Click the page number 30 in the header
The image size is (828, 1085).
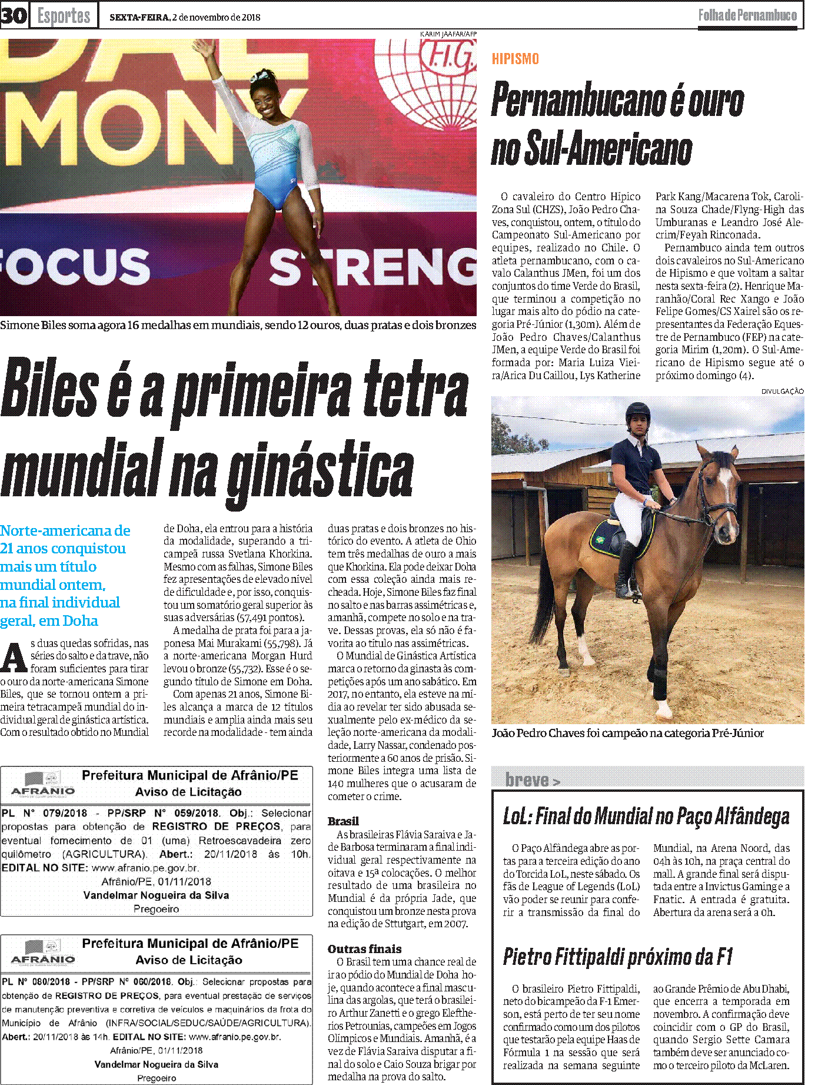pos(14,15)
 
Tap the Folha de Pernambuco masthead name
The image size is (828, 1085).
pos(747,15)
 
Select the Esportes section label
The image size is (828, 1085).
pos(64,16)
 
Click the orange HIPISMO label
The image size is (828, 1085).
pos(516,59)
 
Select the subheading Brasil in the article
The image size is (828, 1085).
pos(343,821)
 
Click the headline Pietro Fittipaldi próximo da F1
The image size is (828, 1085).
pos(617,957)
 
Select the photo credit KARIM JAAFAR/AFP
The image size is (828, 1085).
pos(448,34)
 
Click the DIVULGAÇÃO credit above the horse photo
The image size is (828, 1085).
pos(782,391)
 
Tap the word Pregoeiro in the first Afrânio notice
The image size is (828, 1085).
pos(156,909)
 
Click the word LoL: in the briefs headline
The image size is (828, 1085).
pos(517,817)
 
